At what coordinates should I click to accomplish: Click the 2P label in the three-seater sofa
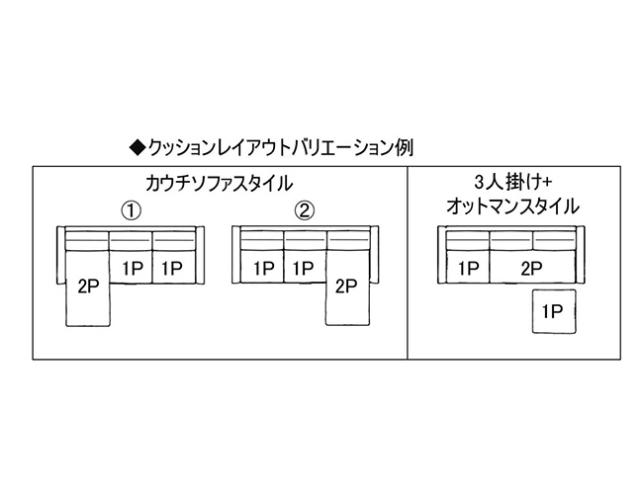click(532, 267)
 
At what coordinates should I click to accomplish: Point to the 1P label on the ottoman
click(552, 312)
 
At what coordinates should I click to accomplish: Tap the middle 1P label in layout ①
click(132, 267)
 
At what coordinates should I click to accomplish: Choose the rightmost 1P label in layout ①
click(172, 267)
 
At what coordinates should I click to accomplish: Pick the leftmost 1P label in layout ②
click(262, 267)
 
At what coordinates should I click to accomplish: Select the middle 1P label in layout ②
click(304, 267)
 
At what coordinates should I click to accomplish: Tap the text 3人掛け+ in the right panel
click(511, 183)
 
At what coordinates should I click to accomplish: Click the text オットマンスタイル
click(512, 206)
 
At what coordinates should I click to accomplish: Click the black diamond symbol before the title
click(138, 148)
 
